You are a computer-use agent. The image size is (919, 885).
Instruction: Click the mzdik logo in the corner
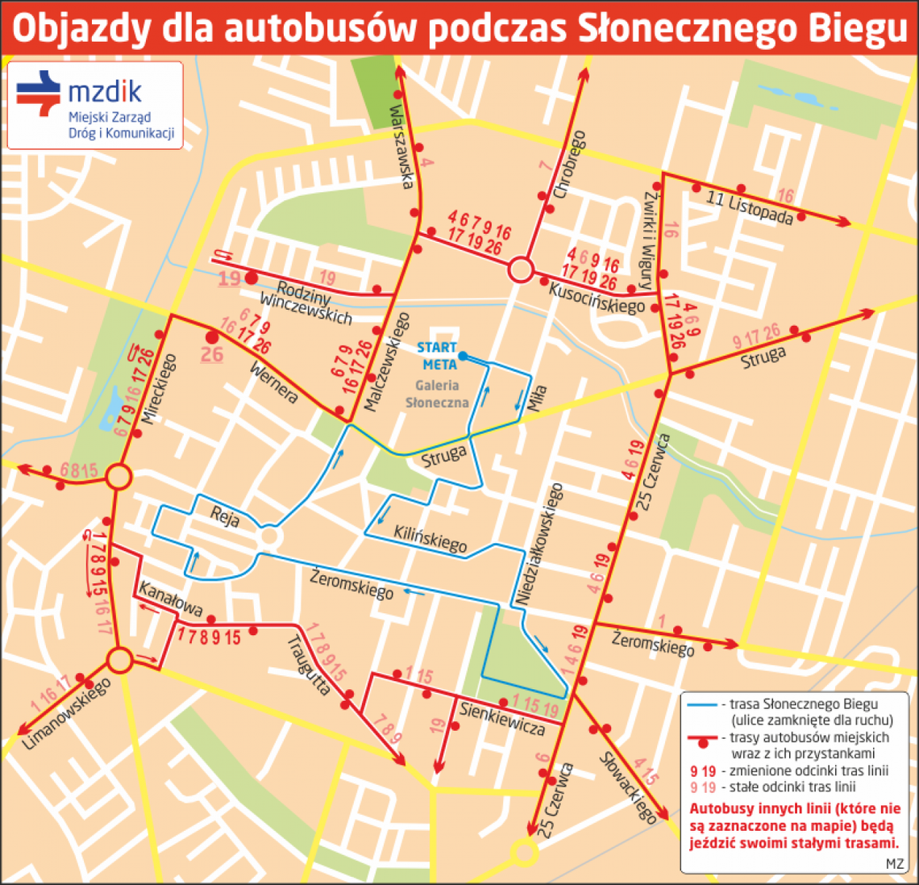click(95, 105)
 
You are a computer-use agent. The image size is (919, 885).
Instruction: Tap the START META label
click(437, 356)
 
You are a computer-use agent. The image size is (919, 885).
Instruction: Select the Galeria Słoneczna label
click(438, 394)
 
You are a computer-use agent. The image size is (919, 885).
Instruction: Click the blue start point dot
click(462, 355)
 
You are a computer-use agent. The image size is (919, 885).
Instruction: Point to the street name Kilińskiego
click(430, 539)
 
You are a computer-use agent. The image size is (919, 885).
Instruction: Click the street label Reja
click(225, 516)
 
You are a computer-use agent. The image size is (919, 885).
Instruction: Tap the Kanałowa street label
click(169, 598)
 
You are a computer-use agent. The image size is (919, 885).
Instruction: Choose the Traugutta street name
click(308, 666)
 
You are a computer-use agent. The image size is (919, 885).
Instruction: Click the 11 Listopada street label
click(749, 207)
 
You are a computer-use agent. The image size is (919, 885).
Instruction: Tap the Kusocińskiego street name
click(597, 298)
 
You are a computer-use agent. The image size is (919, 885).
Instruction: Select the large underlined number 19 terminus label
click(230, 278)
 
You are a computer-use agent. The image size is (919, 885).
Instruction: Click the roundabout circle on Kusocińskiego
click(521, 269)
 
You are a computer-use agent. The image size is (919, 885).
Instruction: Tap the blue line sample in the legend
click(703, 704)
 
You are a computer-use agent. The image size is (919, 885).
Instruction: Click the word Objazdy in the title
click(81, 28)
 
